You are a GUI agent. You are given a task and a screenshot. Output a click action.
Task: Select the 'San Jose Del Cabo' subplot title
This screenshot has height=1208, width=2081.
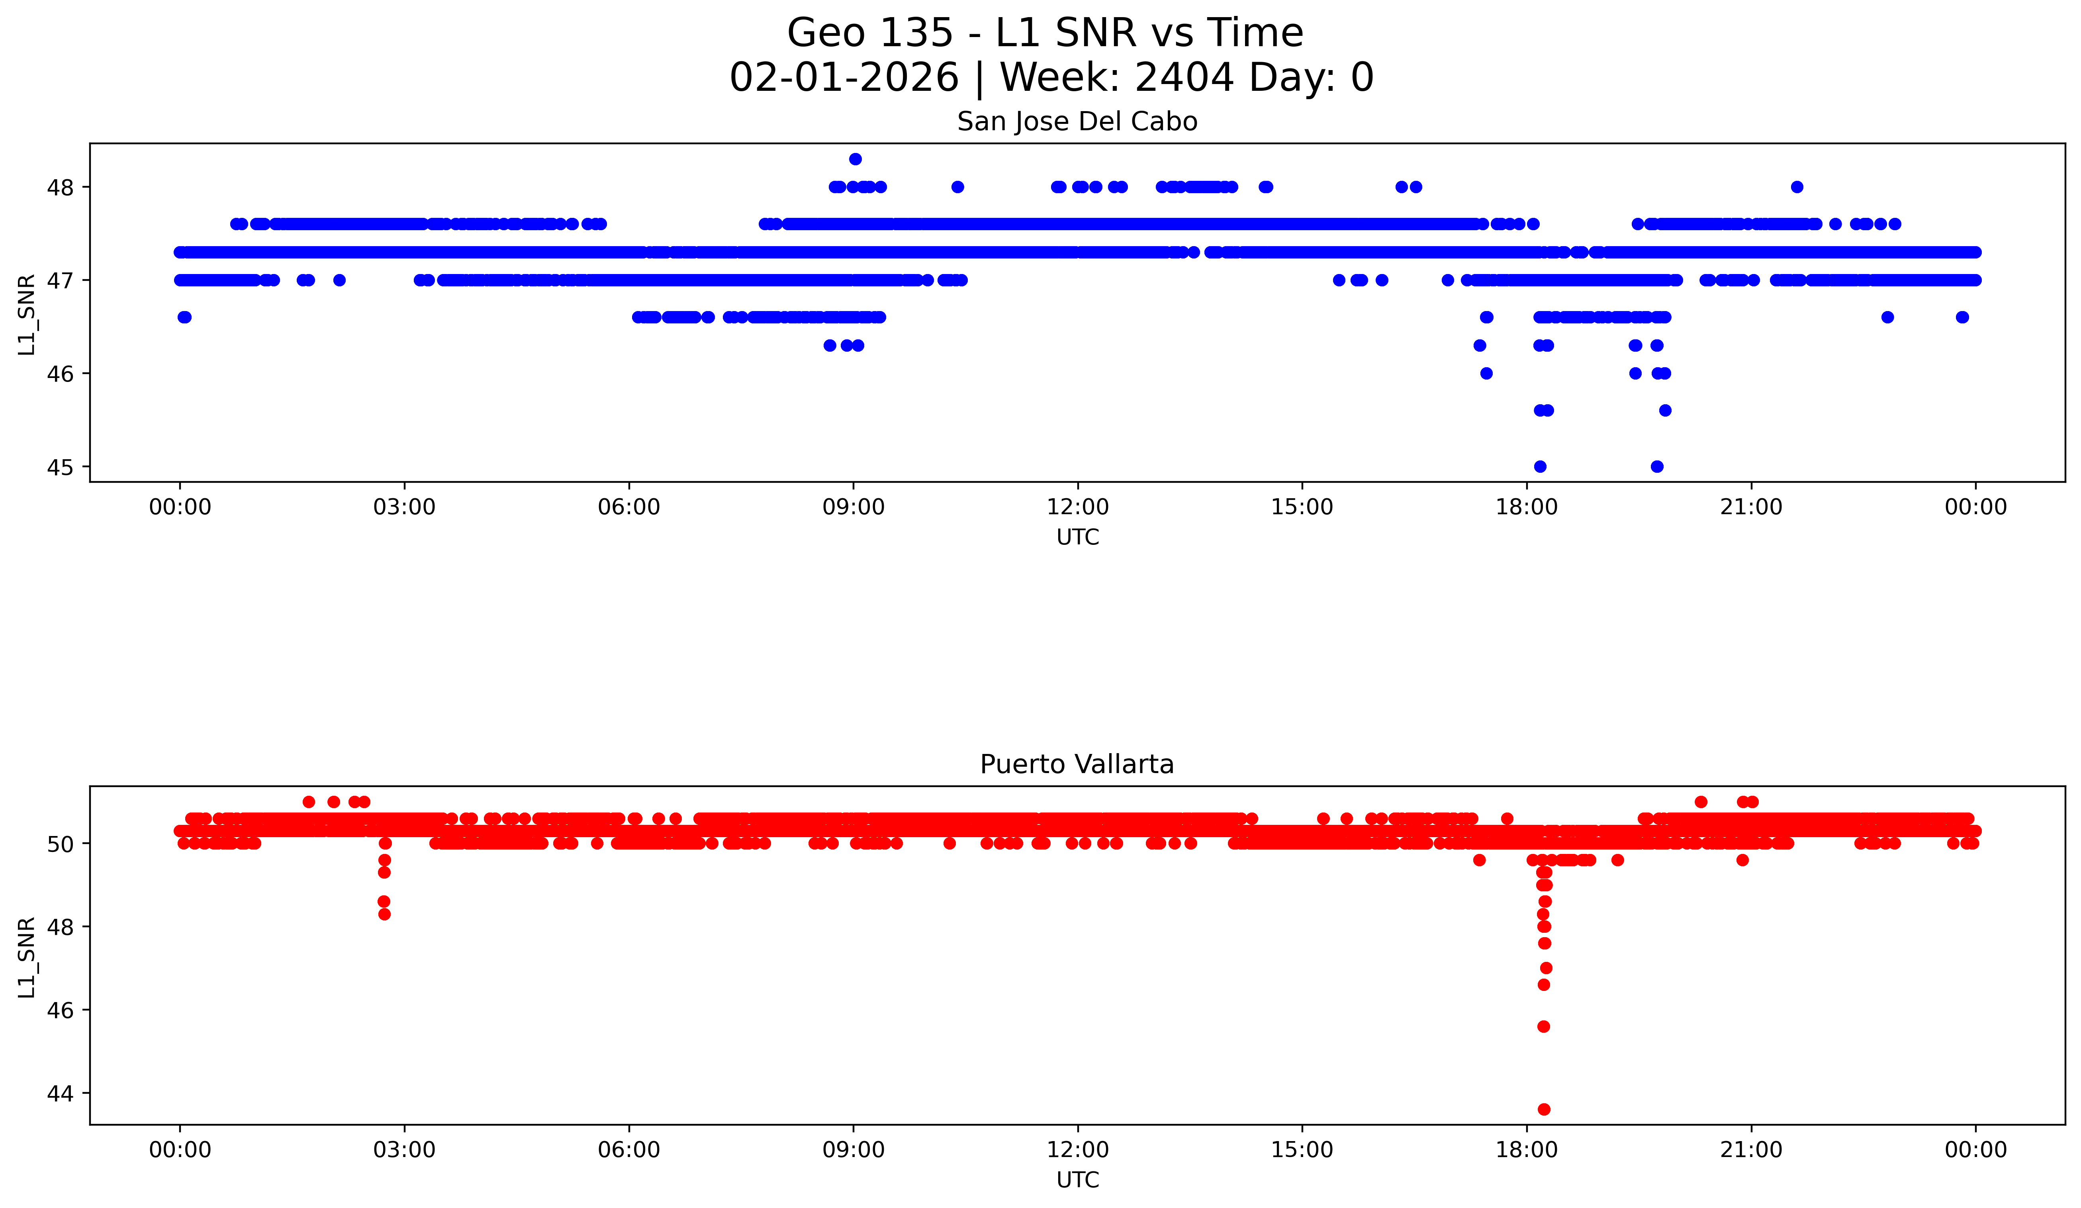click(1077, 122)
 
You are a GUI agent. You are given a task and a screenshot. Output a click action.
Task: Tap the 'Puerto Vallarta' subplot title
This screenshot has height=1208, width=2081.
click(1077, 765)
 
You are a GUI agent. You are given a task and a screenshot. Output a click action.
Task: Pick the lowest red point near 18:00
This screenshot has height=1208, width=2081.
click(1543, 1109)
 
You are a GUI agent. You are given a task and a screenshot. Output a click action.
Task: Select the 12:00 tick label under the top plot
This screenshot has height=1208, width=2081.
click(1078, 507)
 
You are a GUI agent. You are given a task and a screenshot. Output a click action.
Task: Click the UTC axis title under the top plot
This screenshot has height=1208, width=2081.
click(1078, 538)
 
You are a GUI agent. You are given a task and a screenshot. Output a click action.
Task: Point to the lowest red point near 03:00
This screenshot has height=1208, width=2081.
click(384, 914)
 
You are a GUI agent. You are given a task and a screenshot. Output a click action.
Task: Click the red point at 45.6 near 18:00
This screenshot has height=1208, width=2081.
click(1543, 1026)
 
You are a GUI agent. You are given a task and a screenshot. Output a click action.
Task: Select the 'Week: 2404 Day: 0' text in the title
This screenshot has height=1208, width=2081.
click(1188, 78)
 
